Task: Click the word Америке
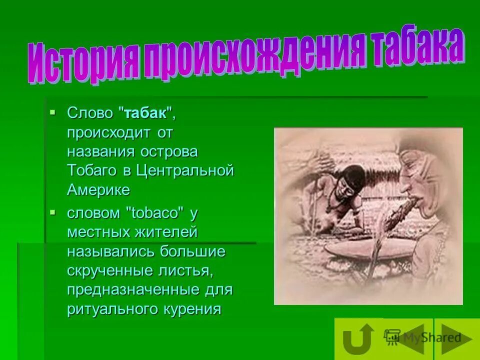[98, 190]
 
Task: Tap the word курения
[192, 309]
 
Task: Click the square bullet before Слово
[52, 112]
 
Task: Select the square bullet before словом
[52, 212]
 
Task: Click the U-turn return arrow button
[358, 339]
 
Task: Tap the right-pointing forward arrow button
[456, 339]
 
